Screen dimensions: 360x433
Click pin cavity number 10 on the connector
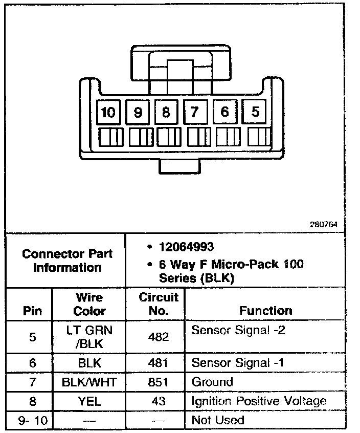point(108,112)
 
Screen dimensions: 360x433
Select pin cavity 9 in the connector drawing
point(138,112)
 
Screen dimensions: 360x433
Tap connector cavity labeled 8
point(166,112)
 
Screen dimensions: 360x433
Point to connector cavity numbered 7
point(194,112)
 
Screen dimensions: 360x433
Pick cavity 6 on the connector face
point(224,112)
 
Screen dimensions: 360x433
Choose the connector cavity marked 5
point(255,112)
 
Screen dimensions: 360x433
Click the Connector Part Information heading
point(67,261)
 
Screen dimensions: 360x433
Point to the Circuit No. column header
point(159,304)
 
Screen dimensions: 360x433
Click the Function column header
point(266,310)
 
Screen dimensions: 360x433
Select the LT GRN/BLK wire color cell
point(89,337)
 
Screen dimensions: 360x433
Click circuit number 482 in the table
point(159,337)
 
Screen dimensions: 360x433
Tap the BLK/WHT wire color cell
point(89,382)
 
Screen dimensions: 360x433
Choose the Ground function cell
point(212,382)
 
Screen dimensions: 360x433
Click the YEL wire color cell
point(89,401)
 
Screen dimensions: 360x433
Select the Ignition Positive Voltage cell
point(259,401)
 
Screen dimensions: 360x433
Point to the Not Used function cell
point(218,420)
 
